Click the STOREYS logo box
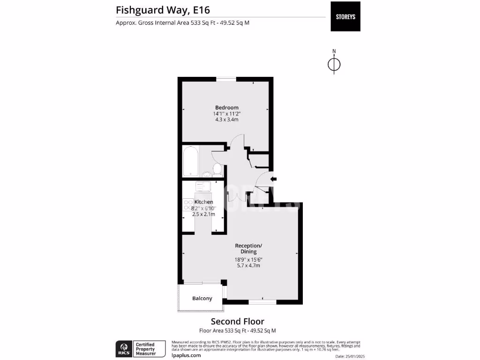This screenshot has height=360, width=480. coord(345,17)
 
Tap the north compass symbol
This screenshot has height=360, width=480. coord(334,64)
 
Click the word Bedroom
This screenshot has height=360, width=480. coord(227,107)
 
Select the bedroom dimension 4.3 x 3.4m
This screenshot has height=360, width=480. coord(227,120)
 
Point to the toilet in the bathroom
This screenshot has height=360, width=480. coord(217,168)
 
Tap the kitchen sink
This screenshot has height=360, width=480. coord(203,187)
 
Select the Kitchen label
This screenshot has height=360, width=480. coord(204,202)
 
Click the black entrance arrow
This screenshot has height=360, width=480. coord(274,179)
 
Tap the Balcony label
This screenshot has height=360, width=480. coord(202,299)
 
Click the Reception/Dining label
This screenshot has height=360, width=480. coord(248,248)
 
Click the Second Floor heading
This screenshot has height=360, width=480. coord(237,322)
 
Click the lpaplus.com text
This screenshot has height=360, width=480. coord(187,355)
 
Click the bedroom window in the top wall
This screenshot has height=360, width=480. coord(225,79)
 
